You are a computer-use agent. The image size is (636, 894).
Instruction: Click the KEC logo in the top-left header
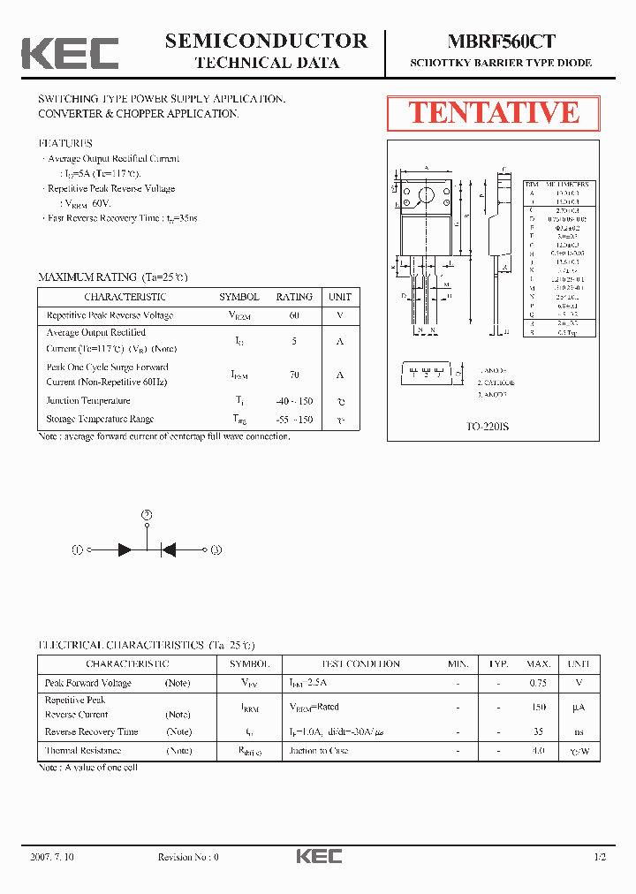click(70, 53)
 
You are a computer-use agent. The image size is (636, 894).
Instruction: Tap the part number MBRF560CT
click(501, 41)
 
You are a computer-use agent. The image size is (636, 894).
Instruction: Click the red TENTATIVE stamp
click(494, 113)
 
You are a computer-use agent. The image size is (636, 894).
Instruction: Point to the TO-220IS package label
click(488, 427)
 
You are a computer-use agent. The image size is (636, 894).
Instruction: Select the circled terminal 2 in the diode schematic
click(148, 514)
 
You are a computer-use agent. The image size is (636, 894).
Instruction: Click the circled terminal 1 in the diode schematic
click(77, 549)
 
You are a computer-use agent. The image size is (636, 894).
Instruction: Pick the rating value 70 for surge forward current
click(294, 375)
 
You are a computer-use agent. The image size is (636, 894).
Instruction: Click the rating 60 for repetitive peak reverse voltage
click(294, 315)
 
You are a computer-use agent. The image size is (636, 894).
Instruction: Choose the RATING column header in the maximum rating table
click(294, 297)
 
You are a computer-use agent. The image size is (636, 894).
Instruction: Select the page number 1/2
click(601, 857)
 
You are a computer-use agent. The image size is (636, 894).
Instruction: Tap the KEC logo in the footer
click(318, 856)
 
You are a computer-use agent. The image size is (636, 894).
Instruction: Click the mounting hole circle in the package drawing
click(426, 196)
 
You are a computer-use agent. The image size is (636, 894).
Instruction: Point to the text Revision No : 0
click(188, 857)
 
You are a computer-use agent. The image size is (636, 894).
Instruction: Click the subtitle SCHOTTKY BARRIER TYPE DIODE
click(501, 64)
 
